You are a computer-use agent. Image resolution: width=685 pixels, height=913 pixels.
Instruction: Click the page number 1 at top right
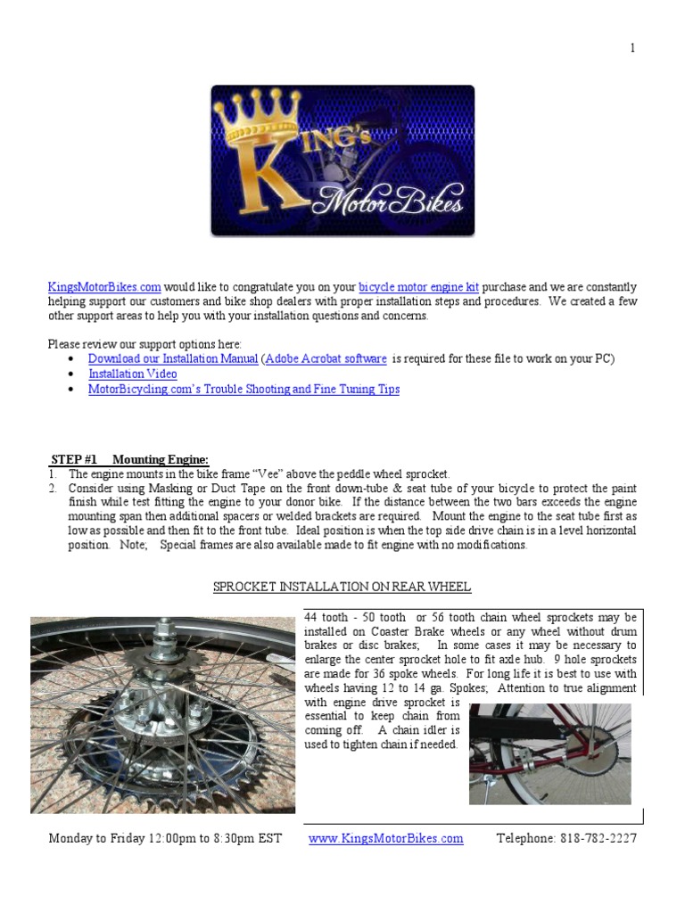click(633, 48)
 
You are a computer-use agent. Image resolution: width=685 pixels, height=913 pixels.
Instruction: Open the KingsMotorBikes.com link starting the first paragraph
click(104, 287)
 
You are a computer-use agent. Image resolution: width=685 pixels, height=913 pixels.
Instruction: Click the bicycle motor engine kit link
click(418, 287)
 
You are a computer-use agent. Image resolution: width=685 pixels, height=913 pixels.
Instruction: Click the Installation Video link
click(132, 374)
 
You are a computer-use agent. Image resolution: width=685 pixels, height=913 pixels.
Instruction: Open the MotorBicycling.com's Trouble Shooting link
click(243, 389)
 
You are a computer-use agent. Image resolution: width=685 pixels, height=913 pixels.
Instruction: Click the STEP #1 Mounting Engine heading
click(130, 459)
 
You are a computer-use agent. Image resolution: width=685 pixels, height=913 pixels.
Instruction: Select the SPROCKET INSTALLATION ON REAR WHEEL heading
click(342, 587)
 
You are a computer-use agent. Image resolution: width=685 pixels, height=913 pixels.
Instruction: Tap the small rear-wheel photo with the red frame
click(549, 753)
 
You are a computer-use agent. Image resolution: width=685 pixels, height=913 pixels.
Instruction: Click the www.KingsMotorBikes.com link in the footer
click(385, 838)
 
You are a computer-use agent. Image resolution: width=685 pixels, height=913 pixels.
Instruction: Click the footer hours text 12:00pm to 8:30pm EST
click(205, 838)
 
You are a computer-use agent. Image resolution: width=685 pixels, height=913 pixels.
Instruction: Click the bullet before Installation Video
click(71, 374)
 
